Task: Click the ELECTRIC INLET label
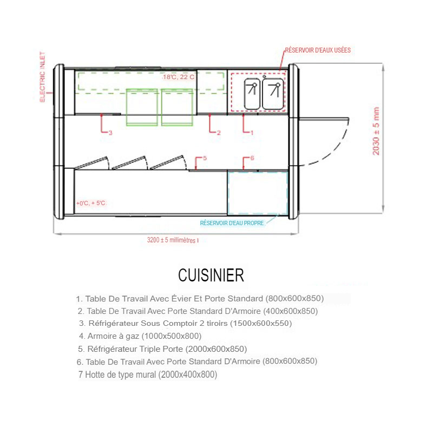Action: point(42,77)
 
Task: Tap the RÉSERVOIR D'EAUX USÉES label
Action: point(318,50)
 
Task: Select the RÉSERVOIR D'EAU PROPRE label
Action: point(232,223)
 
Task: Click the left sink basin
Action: point(252,94)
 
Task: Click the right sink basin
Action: point(273,94)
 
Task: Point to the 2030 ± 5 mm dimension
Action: point(376,131)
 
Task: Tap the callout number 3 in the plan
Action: point(110,133)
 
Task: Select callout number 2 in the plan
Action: point(219,133)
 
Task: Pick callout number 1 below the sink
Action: point(252,133)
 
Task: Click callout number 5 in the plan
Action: point(205,158)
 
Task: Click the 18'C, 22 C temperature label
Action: point(179,77)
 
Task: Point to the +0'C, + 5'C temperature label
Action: point(91,204)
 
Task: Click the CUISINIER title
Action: point(211,275)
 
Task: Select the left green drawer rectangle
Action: point(142,107)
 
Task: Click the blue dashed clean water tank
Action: point(258,193)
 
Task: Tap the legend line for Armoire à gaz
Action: point(140,336)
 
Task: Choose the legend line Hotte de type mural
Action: point(148,375)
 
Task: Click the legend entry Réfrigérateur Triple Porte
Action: point(162,349)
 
